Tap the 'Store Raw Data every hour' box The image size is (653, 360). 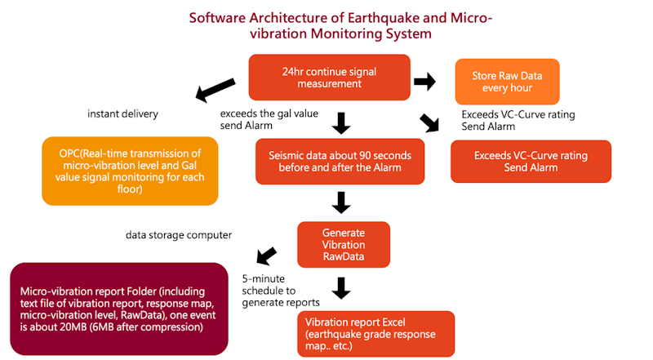(x=506, y=82)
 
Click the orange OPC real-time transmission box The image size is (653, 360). (x=131, y=170)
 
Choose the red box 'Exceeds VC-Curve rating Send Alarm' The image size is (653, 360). (x=531, y=161)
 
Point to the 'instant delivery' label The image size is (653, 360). (x=122, y=114)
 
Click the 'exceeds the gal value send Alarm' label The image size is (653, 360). (x=269, y=120)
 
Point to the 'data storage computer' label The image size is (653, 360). (x=179, y=235)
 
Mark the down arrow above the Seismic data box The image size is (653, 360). (x=342, y=123)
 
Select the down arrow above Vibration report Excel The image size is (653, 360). (x=342, y=287)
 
